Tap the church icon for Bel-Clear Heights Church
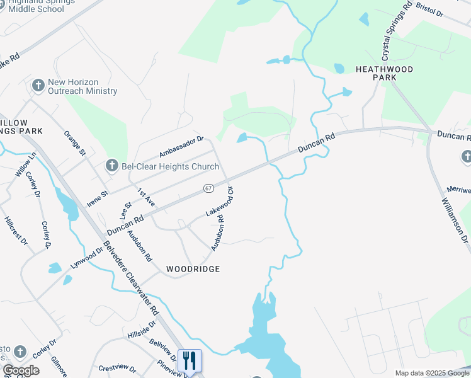pyautogui.click(x=111, y=166)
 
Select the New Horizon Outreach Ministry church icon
pyautogui.click(x=38, y=86)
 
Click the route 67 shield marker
pyautogui.click(x=208, y=188)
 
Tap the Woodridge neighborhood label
pyautogui.click(x=193, y=269)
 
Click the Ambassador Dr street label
pyautogui.click(x=182, y=147)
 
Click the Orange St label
pyautogui.click(x=75, y=143)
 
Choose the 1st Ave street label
pyautogui.click(x=146, y=197)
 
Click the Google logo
pyautogui.click(x=21, y=370)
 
